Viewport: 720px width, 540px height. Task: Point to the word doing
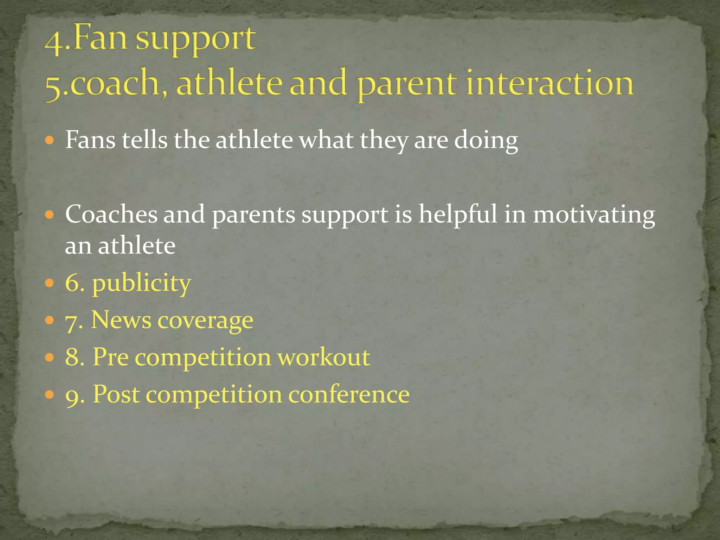(x=486, y=141)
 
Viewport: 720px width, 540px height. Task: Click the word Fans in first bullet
(x=90, y=140)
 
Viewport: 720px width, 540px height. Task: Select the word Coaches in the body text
(x=111, y=214)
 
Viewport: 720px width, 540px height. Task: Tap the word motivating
(x=594, y=215)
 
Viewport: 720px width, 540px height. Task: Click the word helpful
(x=457, y=215)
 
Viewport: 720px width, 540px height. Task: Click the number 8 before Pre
(x=73, y=357)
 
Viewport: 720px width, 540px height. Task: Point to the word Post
(x=116, y=394)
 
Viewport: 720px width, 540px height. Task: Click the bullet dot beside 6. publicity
(x=50, y=283)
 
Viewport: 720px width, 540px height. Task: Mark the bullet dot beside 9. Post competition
(x=50, y=394)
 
